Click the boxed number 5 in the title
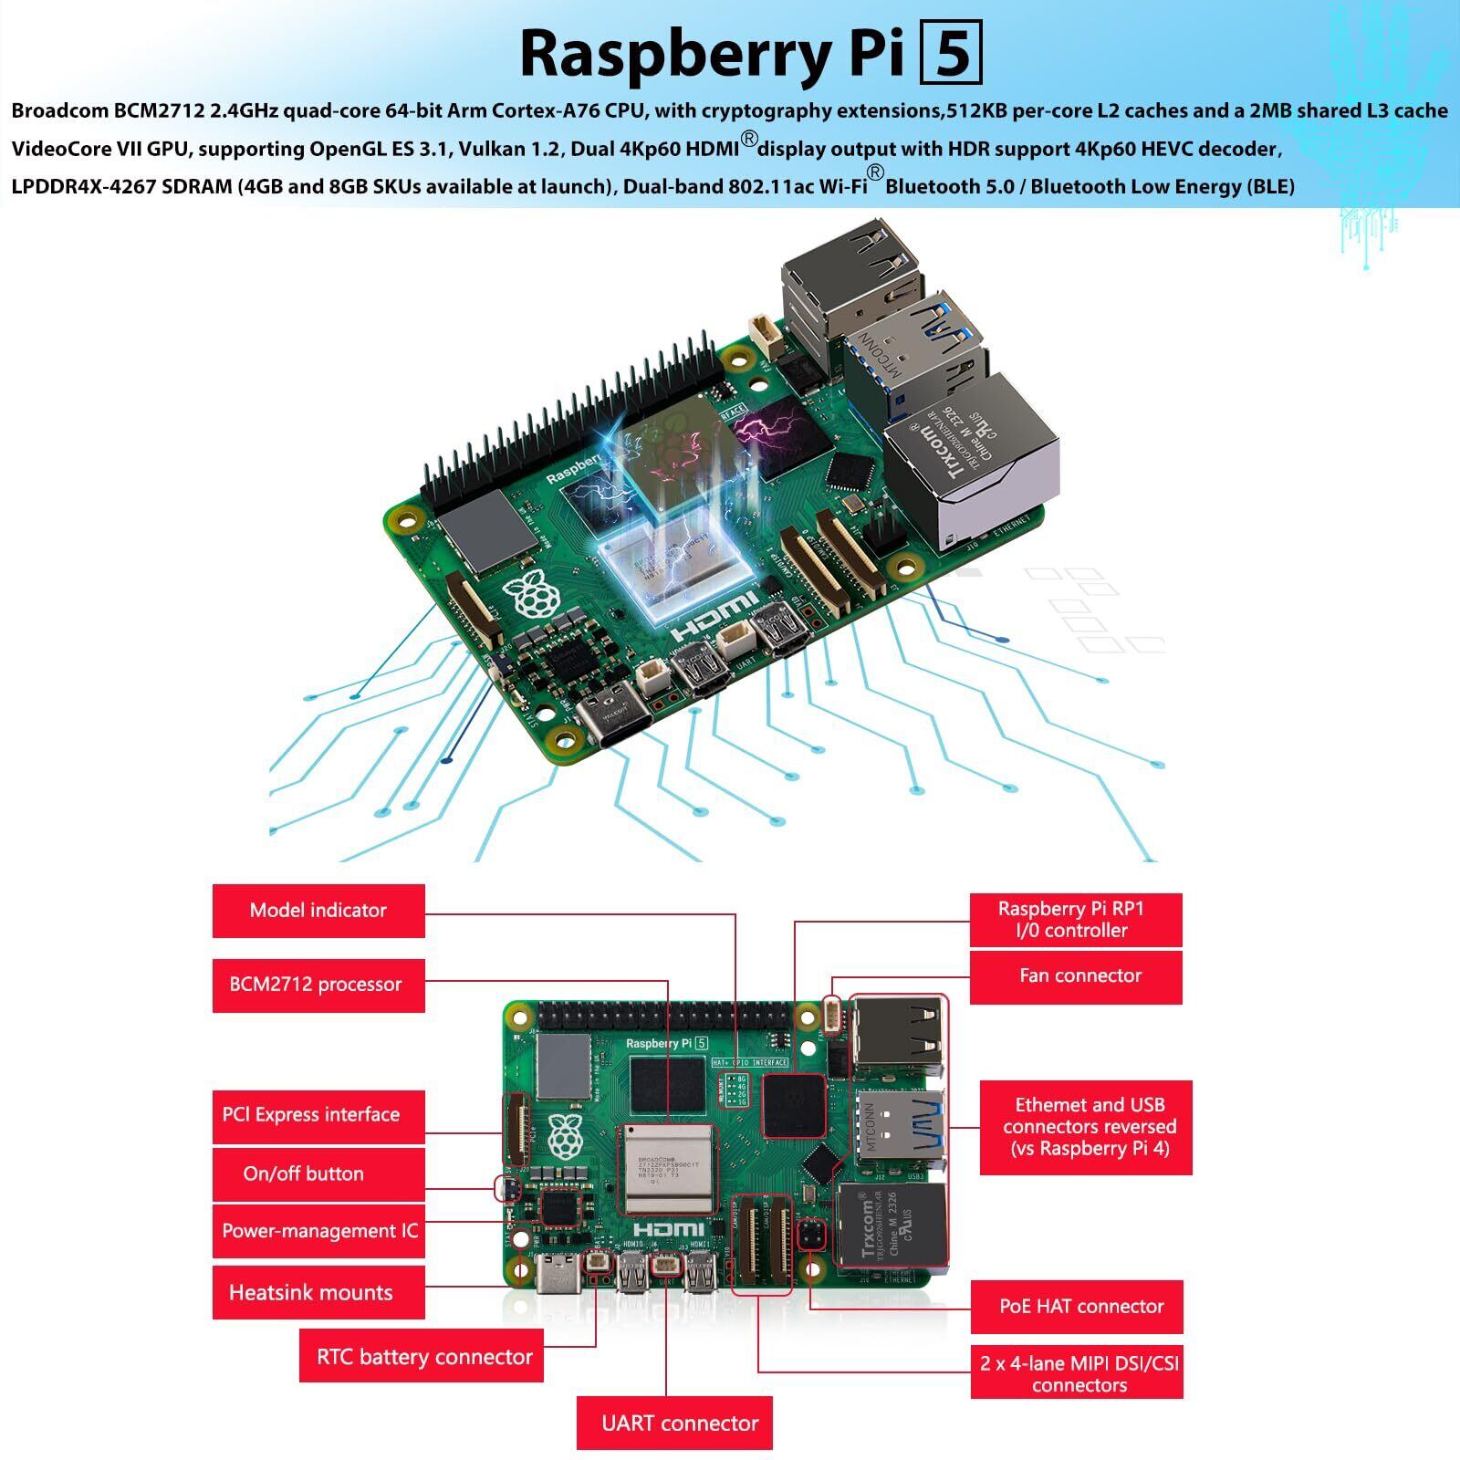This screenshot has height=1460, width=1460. click(951, 54)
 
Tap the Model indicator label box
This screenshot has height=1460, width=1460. click(318, 910)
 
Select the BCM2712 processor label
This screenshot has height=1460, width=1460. click(318, 985)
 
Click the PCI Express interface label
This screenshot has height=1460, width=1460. click(318, 1115)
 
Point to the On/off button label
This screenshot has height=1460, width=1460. click(318, 1173)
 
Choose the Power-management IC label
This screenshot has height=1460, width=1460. click(318, 1231)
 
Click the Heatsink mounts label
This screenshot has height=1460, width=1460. click(318, 1292)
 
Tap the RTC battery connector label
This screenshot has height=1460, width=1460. click(423, 1356)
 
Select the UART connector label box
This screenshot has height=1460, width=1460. click(674, 1423)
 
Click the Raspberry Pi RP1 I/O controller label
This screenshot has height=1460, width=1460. click(1075, 920)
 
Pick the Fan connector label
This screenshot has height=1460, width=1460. click(1075, 976)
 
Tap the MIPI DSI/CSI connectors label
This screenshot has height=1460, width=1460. click(1077, 1373)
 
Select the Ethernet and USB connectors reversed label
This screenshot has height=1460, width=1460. click(1086, 1127)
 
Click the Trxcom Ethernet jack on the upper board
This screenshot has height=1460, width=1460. click(972, 465)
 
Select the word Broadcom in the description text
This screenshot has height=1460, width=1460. click(59, 111)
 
